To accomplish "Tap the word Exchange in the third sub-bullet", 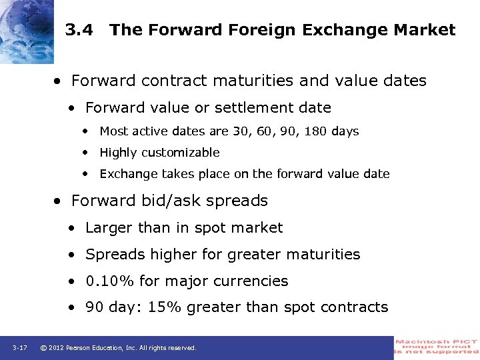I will pyautogui.click(x=127, y=174).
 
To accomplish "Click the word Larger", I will pyautogui.click(x=109, y=228).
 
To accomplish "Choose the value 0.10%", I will pyautogui.click(x=110, y=281).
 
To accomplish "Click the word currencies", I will pyautogui.click(x=255, y=281).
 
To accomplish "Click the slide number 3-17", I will pyautogui.click(x=19, y=348).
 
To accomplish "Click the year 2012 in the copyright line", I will pyautogui.click(x=58, y=348).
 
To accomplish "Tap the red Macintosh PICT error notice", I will pyautogui.click(x=437, y=347).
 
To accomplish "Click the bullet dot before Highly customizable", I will pyautogui.click(x=87, y=153).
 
